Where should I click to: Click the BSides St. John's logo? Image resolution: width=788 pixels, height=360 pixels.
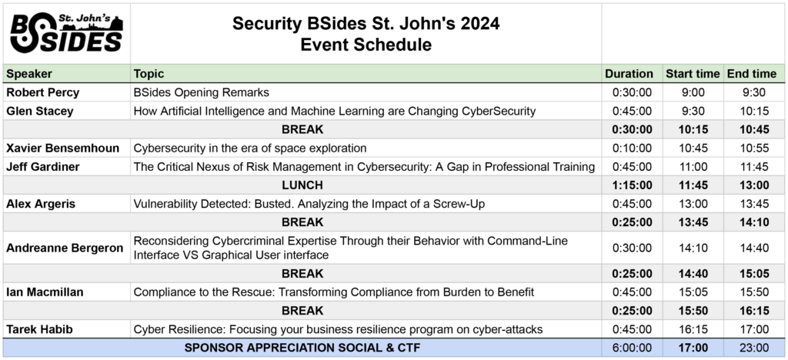point(66,33)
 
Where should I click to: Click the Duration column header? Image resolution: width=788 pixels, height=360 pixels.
point(629,74)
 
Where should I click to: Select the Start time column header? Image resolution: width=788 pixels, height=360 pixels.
point(693,74)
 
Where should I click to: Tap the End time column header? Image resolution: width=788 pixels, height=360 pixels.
point(752,74)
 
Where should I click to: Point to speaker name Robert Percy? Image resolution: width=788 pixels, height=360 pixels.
point(43,93)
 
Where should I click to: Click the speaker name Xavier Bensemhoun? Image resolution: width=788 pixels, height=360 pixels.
point(63,148)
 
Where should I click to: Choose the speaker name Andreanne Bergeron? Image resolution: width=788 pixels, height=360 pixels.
point(65,248)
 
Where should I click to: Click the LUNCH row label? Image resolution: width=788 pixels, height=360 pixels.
point(302,185)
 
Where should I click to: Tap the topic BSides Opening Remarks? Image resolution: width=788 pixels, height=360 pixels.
point(202,93)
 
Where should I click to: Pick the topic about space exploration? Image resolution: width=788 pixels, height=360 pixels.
point(250,148)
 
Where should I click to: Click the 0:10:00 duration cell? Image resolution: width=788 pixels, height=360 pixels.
point(632,148)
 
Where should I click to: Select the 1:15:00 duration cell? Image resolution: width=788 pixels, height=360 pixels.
point(632,185)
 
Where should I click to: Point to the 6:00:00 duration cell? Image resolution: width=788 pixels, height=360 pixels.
point(632,348)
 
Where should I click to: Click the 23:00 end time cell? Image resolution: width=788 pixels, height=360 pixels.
point(754,348)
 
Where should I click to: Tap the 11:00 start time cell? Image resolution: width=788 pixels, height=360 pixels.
point(693,167)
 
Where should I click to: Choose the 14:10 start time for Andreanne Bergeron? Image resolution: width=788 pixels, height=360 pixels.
point(693,248)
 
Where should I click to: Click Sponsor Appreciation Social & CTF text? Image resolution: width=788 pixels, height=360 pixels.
point(302,348)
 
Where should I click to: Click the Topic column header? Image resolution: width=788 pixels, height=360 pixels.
point(149,74)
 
